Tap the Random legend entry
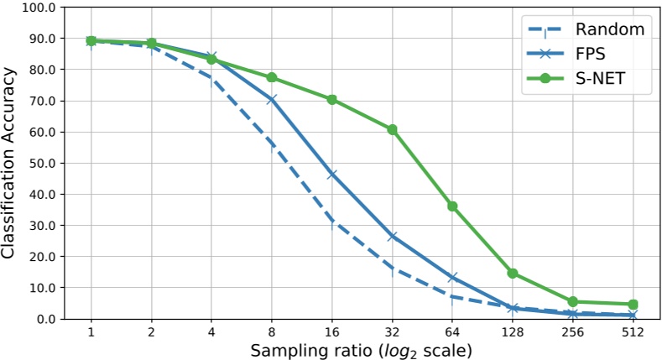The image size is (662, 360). (610, 29)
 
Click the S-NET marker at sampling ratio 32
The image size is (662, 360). (392, 130)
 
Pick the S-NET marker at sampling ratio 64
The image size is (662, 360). (452, 206)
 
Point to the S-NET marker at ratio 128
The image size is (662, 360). (513, 274)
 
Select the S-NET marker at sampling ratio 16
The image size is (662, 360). (331, 99)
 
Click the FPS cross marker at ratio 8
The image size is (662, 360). (271, 100)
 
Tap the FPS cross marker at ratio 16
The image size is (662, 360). (331, 175)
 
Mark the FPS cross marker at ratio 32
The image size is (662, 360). (392, 237)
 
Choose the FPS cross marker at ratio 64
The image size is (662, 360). (452, 277)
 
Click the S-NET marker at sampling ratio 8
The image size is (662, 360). (271, 78)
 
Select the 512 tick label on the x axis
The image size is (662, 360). (633, 332)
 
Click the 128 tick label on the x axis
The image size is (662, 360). (513, 332)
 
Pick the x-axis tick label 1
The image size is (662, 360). (91, 332)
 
